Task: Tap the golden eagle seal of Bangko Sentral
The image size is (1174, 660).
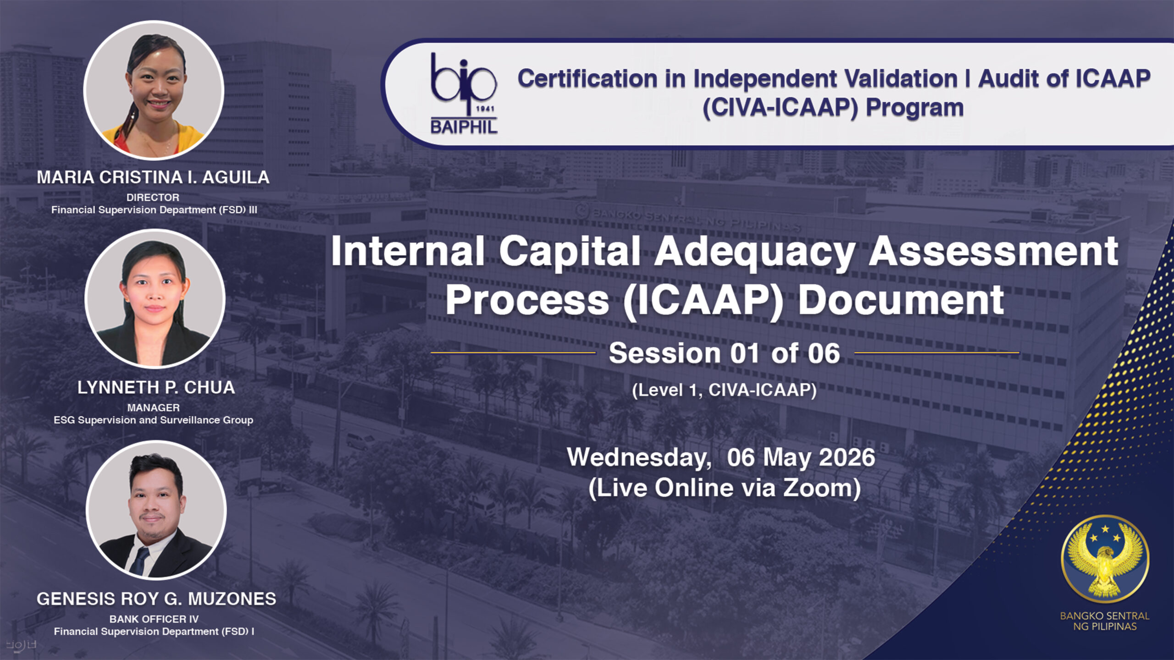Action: coord(1105,559)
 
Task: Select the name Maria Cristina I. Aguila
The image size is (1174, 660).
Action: coord(153,177)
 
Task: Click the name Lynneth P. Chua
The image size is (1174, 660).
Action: coord(156,388)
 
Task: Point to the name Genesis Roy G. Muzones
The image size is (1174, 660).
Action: coord(156,599)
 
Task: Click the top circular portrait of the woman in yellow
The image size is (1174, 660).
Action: coord(154,90)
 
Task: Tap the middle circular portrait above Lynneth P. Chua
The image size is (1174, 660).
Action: coord(155,298)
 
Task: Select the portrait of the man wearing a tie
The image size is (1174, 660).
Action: coord(156,510)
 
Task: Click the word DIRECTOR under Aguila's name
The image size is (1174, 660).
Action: coord(153,198)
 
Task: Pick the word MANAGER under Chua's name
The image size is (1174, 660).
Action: coord(153,407)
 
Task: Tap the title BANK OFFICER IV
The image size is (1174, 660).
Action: coord(154,619)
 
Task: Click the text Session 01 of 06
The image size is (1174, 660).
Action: coord(725,353)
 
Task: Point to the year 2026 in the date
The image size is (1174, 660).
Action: coord(847,457)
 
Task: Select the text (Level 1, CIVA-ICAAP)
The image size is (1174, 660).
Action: coord(725,390)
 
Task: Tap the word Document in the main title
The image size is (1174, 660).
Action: coord(901,300)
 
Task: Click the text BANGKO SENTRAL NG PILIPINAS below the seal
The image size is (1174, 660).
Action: coord(1105,621)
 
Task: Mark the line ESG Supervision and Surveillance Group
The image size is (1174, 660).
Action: coord(154,420)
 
